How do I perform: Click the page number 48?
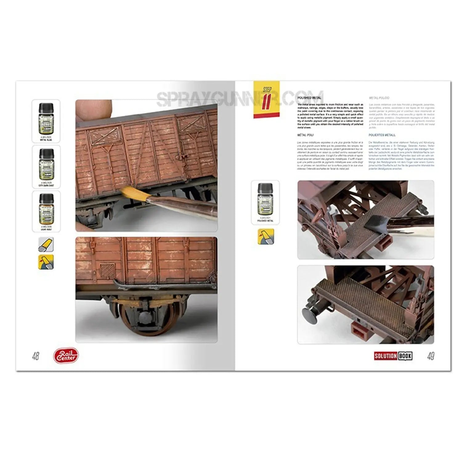point(36,356)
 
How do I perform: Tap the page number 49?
point(431,356)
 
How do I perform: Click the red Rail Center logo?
point(66,356)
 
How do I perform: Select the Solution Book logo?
point(393,356)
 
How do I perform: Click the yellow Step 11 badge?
point(266,99)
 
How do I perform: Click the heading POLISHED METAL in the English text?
point(309,98)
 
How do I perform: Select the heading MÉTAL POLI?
point(306,135)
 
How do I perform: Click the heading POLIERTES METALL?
point(382,135)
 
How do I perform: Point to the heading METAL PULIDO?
point(379,98)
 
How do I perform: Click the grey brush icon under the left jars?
point(46,244)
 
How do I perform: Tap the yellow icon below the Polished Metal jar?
point(265,237)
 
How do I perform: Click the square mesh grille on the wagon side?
point(107,271)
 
